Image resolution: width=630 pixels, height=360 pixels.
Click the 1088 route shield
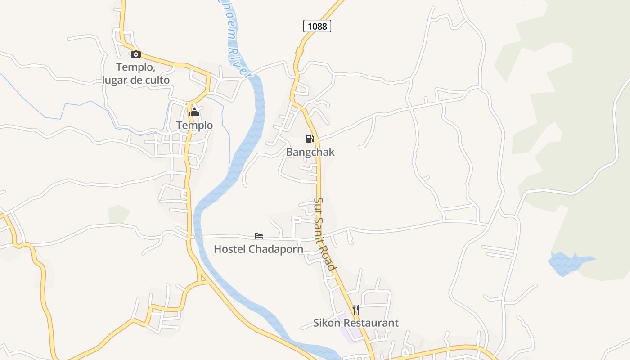click(x=317, y=26)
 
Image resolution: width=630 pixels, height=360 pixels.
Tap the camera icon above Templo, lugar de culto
click(x=136, y=54)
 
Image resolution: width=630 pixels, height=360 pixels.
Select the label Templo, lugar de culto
click(x=136, y=74)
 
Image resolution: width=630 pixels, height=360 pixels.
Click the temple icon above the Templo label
click(x=194, y=112)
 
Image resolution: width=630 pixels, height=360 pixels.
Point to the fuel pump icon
click(x=310, y=139)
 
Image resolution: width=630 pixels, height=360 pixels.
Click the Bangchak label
click(x=310, y=152)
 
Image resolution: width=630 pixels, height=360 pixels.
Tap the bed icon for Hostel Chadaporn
click(x=259, y=235)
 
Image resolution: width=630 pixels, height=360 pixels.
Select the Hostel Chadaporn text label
click(x=258, y=249)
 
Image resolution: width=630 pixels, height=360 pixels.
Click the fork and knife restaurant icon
click(x=356, y=309)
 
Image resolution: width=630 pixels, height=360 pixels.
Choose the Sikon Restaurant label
click(x=356, y=323)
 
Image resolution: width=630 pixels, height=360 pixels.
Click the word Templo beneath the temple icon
click(x=194, y=125)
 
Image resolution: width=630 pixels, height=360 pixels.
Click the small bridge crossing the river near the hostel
click(x=197, y=237)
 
